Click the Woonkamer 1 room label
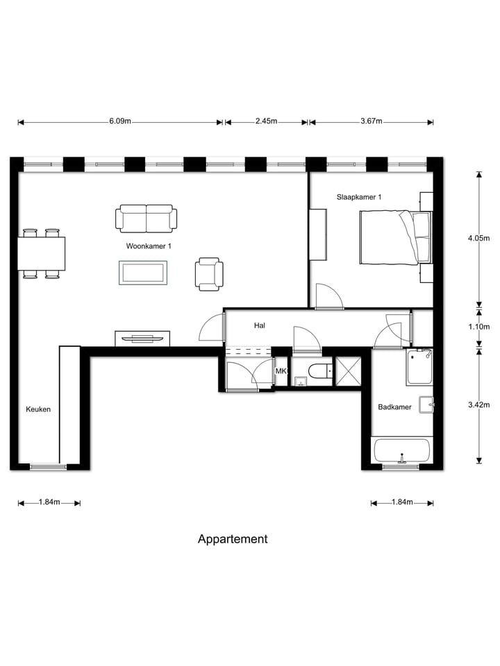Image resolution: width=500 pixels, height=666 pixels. coord(149,246)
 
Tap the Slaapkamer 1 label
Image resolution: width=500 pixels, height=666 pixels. coord(359,197)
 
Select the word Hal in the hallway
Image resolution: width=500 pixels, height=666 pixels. coord(260,325)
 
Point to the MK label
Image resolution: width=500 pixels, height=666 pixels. coord(281,372)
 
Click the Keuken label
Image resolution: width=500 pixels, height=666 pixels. coord(38,409)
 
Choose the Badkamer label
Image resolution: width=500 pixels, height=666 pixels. coord(394,407)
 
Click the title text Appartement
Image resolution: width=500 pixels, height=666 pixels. coord(233,539)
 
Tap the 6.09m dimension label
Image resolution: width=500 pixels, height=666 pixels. coord(119,121)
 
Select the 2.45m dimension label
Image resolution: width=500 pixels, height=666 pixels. coord(266,121)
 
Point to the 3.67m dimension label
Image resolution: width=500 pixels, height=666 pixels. coord(372,121)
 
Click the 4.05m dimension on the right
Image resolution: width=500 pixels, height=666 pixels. coord(479,238)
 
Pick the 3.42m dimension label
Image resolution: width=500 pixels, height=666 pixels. coord(479,405)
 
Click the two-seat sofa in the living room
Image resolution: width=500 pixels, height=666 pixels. coord(146,219)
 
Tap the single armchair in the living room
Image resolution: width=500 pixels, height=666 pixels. coord(209,273)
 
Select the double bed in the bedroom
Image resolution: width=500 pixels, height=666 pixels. coord(394,237)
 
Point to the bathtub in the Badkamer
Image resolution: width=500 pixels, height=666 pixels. coord(402,452)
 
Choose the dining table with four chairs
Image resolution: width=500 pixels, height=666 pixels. coord(41,254)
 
